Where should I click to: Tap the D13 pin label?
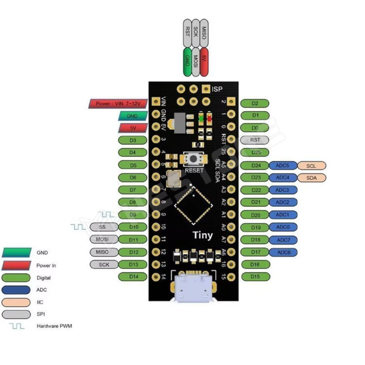(133, 264)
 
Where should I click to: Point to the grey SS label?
(102, 227)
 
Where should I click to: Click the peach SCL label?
(311, 165)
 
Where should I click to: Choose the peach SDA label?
(311, 177)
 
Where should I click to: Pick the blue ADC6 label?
(283, 252)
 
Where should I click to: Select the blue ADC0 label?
(283, 227)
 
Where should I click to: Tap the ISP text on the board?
(217, 89)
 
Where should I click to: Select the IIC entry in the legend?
(41, 301)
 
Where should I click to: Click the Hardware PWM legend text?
(55, 326)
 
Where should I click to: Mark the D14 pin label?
(133, 276)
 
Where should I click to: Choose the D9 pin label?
(133, 215)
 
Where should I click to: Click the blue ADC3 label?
(283, 190)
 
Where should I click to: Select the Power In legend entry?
(46, 265)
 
